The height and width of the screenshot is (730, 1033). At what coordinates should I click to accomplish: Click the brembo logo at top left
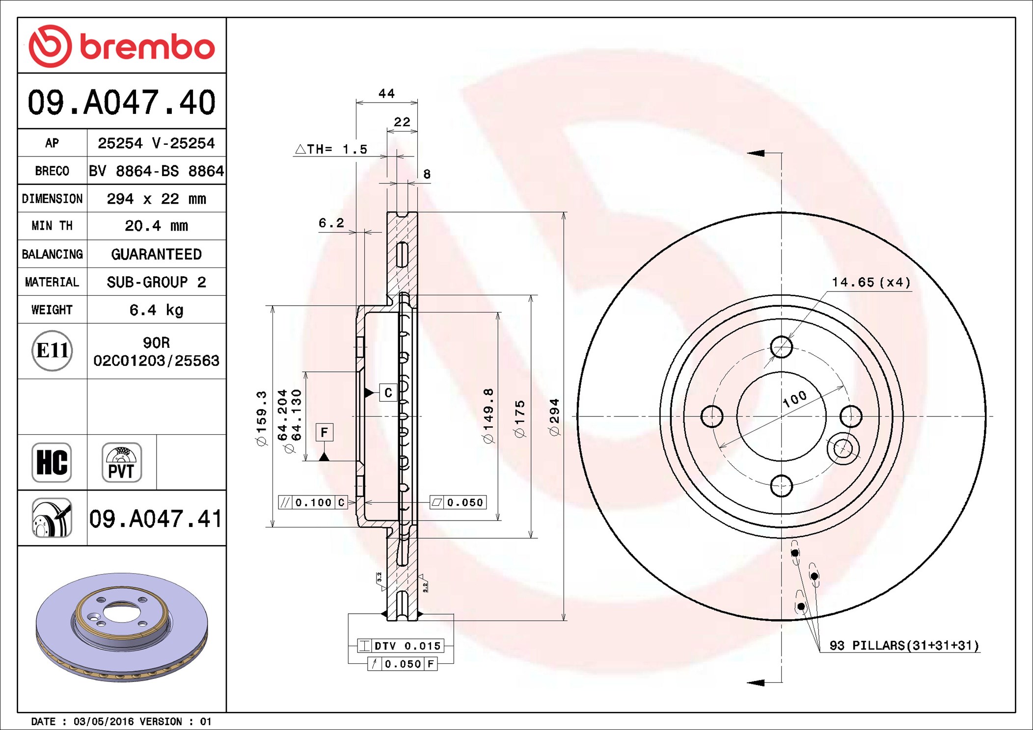tap(122, 46)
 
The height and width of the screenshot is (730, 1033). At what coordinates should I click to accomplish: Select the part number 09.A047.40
tap(122, 103)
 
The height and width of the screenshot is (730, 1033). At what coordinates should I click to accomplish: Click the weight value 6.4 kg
tap(156, 310)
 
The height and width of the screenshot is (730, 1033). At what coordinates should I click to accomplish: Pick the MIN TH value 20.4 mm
tap(156, 226)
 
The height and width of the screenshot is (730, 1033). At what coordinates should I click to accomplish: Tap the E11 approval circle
tap(52, 351)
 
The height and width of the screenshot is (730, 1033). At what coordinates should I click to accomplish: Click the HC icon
tap(52, 462)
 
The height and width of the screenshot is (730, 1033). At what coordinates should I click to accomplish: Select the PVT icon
tap(122, 462)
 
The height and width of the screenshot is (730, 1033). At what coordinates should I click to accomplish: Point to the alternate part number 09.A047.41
tap(156, 519)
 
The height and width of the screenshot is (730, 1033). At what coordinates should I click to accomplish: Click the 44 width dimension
tap(386, 93)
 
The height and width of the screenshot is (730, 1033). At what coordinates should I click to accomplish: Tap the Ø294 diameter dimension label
tap(554, 417)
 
